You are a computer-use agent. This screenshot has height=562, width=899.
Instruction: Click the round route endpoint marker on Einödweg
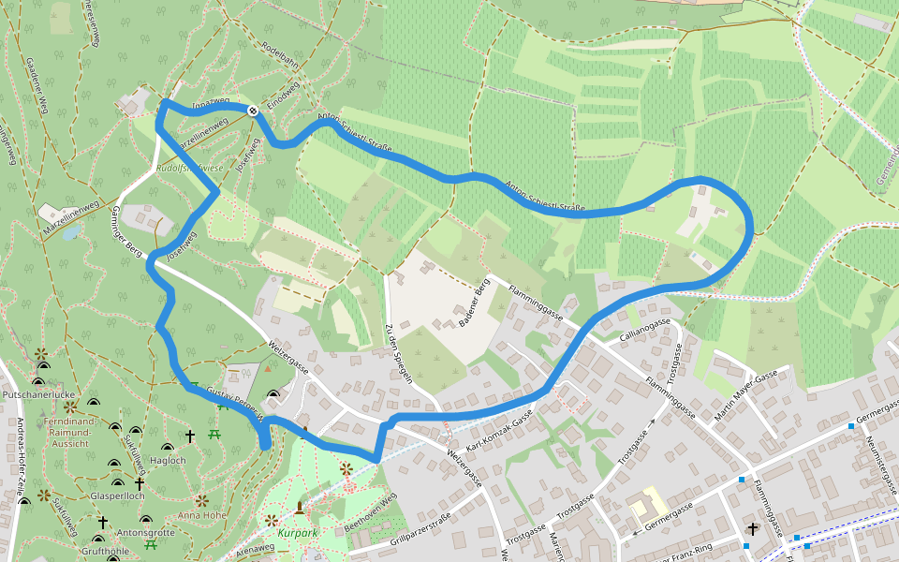253,111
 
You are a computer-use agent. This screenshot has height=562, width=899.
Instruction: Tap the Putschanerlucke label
38,395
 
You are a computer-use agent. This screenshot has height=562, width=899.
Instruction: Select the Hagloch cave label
169,460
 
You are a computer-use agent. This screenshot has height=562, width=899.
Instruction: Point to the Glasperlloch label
117,495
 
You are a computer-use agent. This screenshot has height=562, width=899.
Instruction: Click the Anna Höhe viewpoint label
201,514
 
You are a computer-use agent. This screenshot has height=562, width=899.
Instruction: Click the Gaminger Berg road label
127,231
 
